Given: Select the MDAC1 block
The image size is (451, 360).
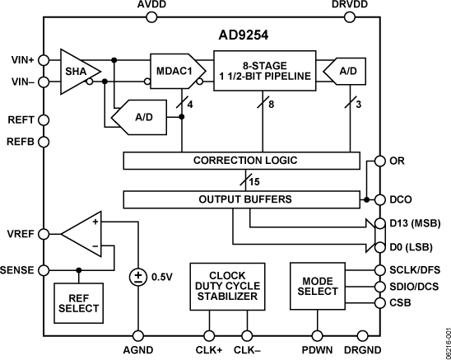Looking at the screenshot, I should point(174,71).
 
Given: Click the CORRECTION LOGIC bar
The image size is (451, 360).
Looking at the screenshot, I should point(244,159).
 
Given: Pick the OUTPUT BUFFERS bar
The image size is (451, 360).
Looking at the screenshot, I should point(244,199).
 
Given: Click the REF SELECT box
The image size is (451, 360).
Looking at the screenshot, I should point(79,302).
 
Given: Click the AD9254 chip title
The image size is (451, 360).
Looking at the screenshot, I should point(226,36).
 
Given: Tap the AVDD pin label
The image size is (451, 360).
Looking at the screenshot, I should point(151,7).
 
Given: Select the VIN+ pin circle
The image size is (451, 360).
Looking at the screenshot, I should point(43,58).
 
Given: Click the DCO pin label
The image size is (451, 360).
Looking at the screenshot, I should point(400,199).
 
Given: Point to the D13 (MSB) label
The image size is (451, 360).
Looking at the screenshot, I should point(414,223).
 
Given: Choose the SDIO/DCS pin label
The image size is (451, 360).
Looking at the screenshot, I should point(415,286).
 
